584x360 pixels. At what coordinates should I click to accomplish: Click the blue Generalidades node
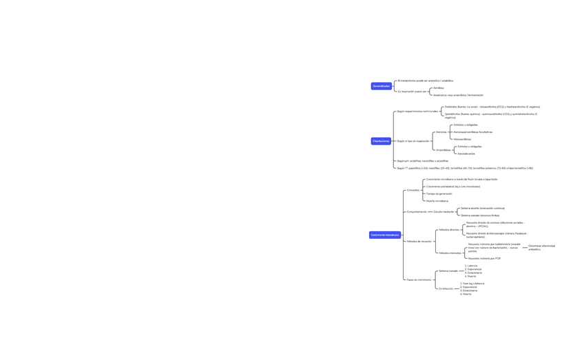(381, 86)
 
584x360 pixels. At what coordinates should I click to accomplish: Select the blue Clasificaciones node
(381, 141)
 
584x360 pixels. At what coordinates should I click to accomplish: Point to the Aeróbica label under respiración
(438, 88)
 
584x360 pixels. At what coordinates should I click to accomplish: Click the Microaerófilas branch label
(462, 139)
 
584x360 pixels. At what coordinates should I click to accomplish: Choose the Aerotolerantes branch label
(466, 153)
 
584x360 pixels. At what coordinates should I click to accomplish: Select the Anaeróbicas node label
(444, 150)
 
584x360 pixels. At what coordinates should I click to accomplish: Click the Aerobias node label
(441, 132)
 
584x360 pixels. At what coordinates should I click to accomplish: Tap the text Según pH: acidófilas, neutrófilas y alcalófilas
(422, 161)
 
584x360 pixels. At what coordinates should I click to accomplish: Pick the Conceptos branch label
(413, 190)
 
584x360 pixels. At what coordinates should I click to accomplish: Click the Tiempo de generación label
(439, 193)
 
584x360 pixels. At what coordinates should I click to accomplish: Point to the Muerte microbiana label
(437, 201)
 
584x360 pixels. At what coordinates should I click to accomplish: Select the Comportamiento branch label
(417, 212)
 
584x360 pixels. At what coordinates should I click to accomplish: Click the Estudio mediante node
(444, 212)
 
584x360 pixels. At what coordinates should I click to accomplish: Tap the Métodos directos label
(449, 230)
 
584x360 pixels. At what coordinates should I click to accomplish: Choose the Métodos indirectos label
(450, 253)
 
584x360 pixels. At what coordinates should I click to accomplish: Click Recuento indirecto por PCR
(484, 259)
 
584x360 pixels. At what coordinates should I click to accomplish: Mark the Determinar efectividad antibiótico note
(541, 248)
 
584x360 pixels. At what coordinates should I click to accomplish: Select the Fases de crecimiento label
(419, 279)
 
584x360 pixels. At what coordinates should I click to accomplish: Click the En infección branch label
(446, 288)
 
